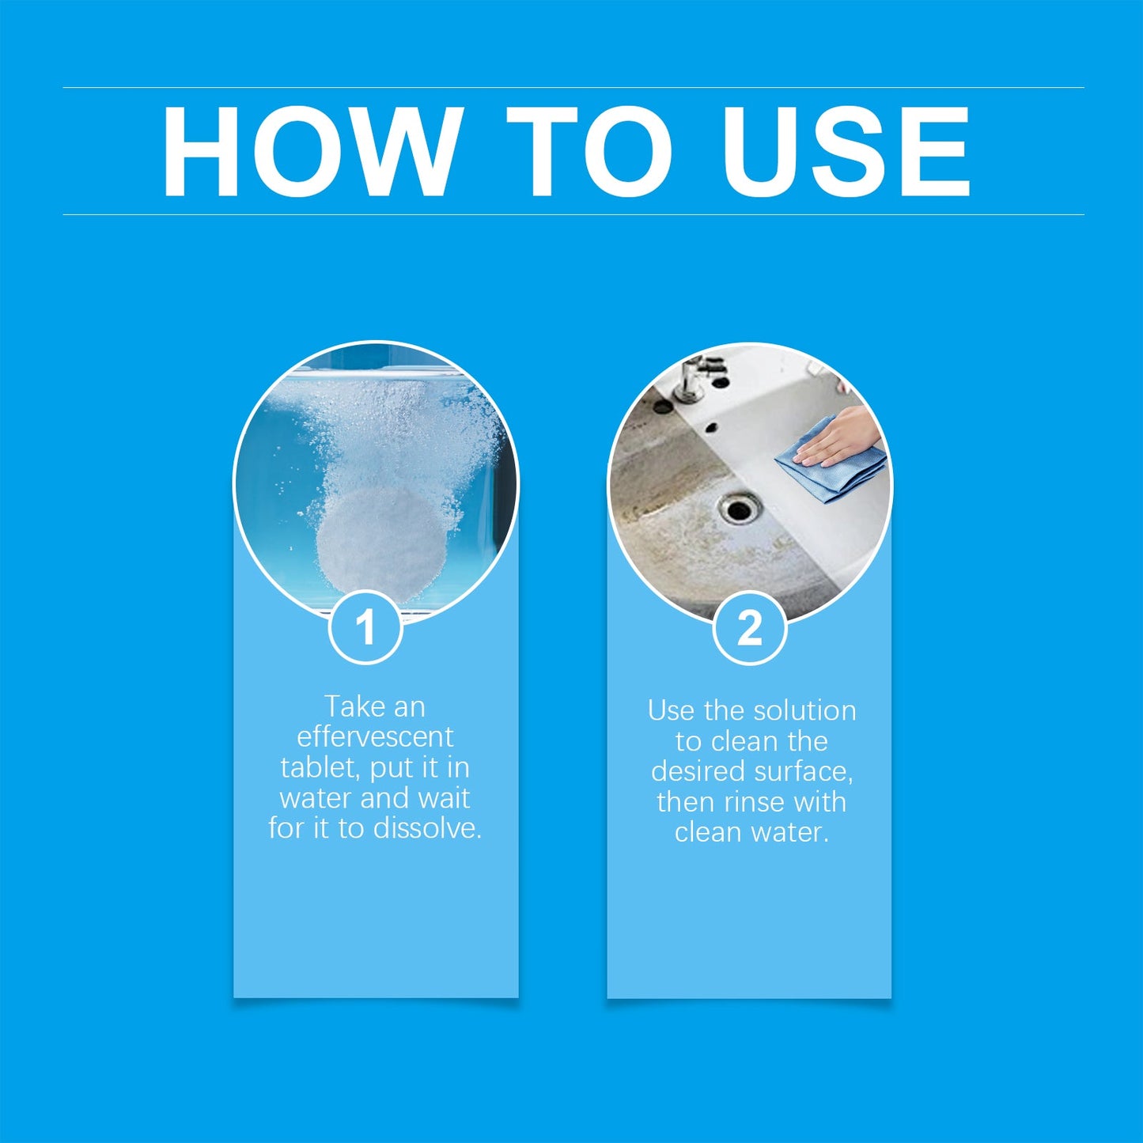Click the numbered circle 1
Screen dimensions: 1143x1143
click(365, 628)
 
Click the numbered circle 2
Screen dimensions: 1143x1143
click(749, 629)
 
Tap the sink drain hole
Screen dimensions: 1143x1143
click(739, 508)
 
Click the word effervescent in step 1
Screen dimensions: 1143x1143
click(375, 737)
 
